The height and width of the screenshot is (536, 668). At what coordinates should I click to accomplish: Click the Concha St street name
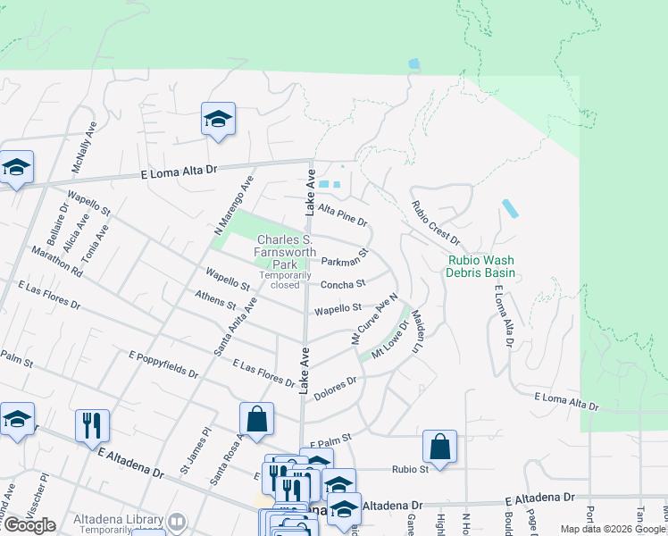343,285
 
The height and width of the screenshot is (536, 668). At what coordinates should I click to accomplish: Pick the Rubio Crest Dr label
435,222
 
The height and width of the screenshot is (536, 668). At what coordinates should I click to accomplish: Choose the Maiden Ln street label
416,331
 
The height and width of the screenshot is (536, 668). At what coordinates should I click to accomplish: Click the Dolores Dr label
338,383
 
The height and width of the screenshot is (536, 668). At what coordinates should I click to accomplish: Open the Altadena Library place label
118,519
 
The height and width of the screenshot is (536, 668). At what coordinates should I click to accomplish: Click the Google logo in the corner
29,525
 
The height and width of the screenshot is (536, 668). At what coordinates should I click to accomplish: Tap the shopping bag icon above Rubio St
439,446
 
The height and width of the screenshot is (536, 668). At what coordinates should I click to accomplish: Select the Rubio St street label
411,469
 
